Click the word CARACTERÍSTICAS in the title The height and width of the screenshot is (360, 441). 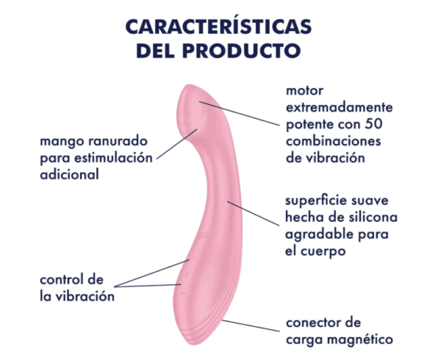coord(218,26)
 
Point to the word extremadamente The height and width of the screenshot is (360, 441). coord(339,107)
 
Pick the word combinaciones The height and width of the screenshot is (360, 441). coord(333,141)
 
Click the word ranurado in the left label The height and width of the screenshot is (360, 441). coord(118,141)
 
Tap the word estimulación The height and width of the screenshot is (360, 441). coord(115,158)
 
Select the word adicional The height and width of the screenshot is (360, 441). coord(70,174)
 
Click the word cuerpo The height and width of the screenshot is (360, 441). coord(323,251)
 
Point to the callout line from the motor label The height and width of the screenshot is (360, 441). coord(240,113)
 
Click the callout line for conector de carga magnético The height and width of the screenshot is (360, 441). coord(251,325)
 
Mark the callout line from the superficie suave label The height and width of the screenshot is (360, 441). coord(253,213)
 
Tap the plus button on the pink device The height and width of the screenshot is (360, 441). coord(187,274)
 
